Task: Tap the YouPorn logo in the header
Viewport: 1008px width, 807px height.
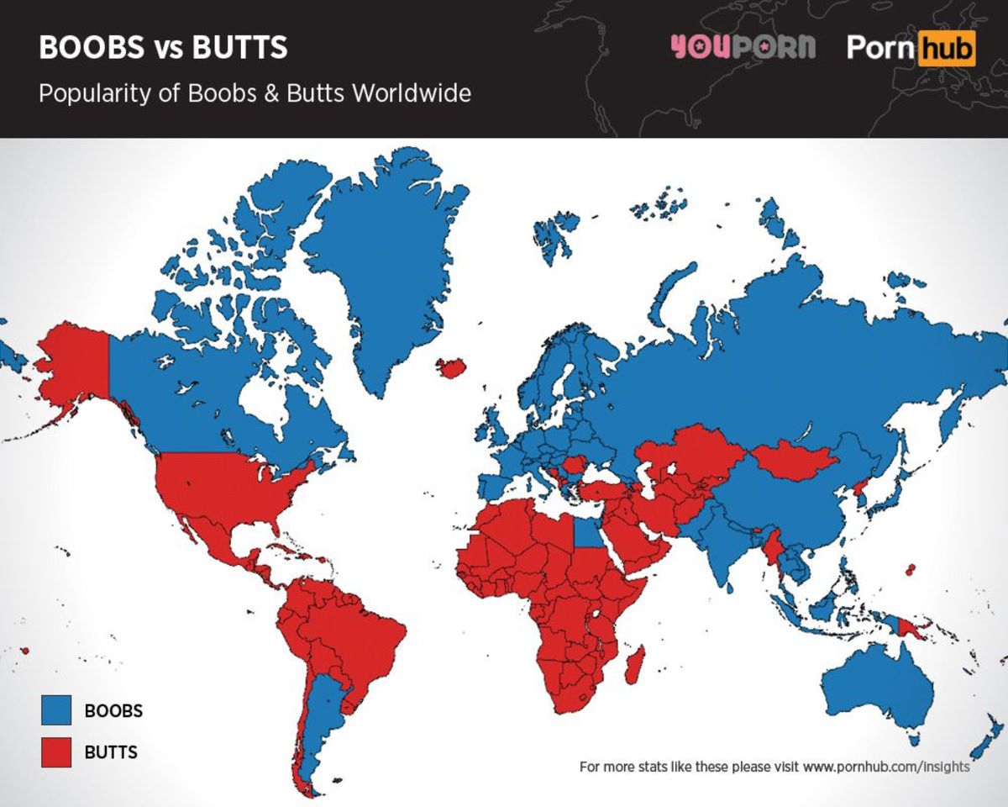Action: click(x=743, y=47)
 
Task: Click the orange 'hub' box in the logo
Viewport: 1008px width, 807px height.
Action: click(x=947, y=48)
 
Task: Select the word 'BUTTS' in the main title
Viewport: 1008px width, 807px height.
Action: click(x=239, y=48)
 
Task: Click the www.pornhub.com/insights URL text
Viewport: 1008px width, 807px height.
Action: click(x=886, y=767)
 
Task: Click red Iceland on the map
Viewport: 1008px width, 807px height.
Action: click(x=452, y=367)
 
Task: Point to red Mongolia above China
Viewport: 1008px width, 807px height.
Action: click(x=794, y=458)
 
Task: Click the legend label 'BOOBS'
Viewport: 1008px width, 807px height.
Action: click(x=113, y=710)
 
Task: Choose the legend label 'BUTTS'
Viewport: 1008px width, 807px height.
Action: click(x=111, y=751)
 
